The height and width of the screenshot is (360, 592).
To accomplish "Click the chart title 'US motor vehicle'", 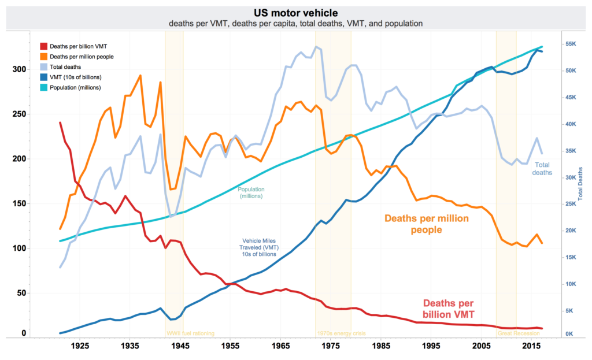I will [x=295, y=12].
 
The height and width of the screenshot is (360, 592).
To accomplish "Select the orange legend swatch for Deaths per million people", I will [x=43, y=56].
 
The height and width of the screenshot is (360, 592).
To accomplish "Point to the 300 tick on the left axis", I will [x=19, y=69].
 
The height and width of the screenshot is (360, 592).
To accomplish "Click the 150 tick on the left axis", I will [x=19, y=203].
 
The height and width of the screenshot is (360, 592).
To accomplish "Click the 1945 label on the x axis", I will [x=181, y=346].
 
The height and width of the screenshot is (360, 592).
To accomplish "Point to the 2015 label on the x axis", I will [x=532, y=346].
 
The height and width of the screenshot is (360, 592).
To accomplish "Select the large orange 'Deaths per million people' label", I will [x=427, y=224].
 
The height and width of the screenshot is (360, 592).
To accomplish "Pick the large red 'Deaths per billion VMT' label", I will [x=448, y=309].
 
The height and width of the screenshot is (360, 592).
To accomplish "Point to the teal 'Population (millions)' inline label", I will [x=251, y=192].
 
